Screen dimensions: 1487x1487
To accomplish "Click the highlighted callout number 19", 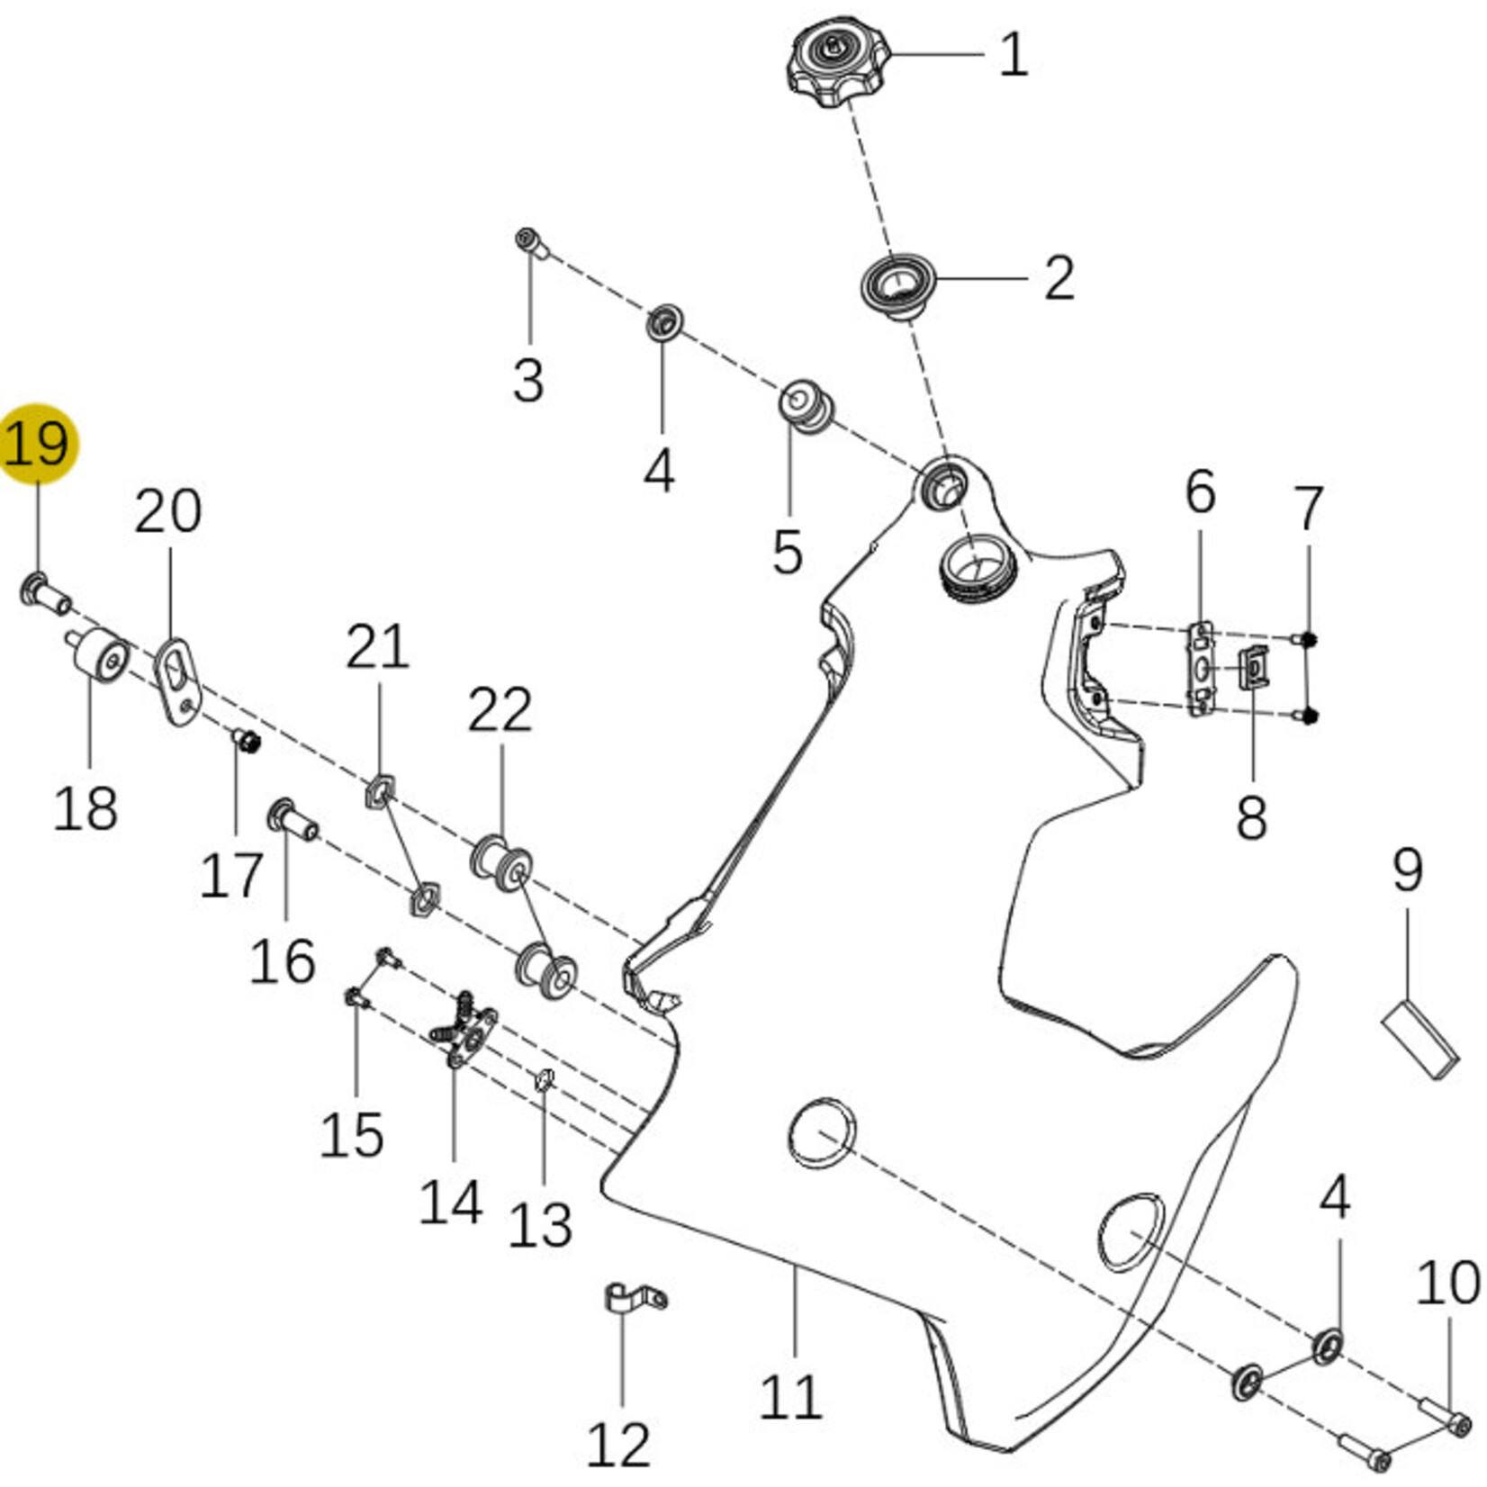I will [x=38, y=443].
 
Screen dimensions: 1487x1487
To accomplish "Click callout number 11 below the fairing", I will [x=791, y=1396].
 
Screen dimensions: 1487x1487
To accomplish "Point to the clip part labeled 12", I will [x=633, y=1299].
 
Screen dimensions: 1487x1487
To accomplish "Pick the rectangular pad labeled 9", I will [x=1419, y=1040].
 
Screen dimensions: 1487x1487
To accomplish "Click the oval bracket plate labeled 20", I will [x=179, y=679].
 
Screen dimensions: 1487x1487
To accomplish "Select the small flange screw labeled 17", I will [x=247, y=742].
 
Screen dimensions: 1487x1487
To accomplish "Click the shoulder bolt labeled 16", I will [x=292, y=820].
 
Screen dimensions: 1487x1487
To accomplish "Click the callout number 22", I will [x=500, y=711].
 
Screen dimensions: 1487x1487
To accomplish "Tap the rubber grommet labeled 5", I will [x=803, y=404].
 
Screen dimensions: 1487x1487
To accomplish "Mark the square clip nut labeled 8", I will [x=1254, y=669].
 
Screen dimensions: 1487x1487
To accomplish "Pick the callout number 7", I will [x=1308, y=509].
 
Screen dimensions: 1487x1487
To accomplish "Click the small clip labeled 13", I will [x=544, y=1078].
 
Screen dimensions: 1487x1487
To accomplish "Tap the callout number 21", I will [x=378, y=648].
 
